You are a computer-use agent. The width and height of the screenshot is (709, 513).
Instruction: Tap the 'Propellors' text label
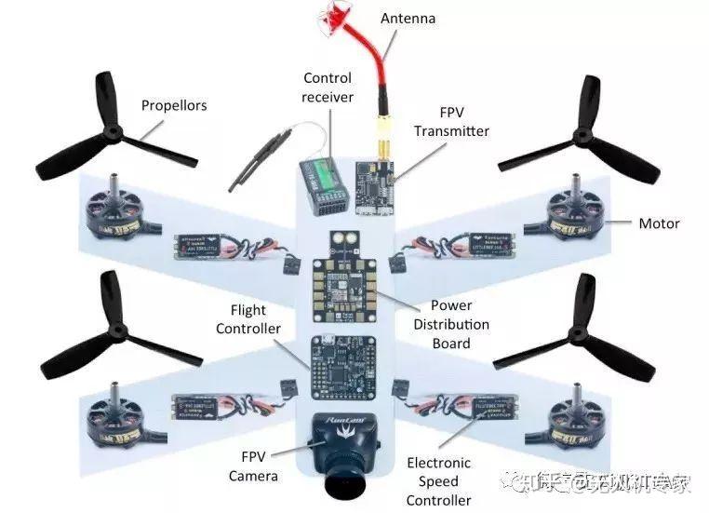tap(174, 105)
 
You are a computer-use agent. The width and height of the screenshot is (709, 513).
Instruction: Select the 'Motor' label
tap(659, 223)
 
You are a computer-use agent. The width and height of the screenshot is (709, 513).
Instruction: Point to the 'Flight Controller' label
tap(248, 319)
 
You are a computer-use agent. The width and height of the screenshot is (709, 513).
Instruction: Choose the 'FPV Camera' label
tap(254, 467)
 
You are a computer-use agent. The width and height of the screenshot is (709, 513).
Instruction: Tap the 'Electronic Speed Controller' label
tap(438, 481)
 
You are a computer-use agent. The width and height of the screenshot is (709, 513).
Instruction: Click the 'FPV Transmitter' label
tap(451, 122)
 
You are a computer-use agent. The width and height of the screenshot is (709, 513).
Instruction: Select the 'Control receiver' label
tap(328, 88)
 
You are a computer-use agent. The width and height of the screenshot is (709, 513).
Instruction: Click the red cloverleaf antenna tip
tap(333, 16)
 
